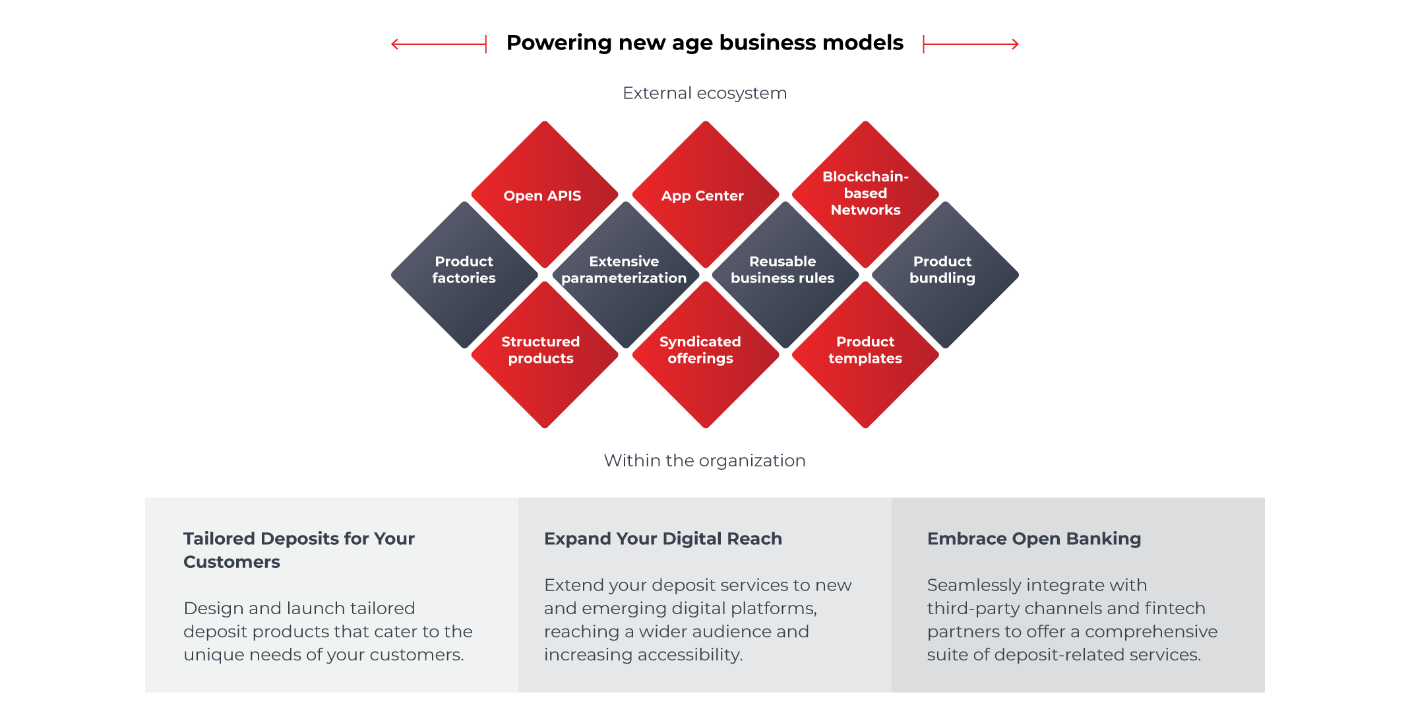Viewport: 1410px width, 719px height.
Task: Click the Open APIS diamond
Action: tap(544, 195)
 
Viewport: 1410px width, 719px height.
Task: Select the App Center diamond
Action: tap(705, 195)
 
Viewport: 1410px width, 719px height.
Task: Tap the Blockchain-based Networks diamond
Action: tap(865, 193)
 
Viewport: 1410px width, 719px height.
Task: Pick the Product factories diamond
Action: tap(464, 270)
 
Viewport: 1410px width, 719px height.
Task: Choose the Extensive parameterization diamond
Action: tap(625, 270)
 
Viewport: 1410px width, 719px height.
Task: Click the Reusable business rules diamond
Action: tap(783, 270)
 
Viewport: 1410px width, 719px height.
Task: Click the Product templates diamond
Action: tap(865, 351)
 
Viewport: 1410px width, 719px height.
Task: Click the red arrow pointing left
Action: tap(439, 44)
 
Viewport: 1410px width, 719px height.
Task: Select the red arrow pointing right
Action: tap(971, 44)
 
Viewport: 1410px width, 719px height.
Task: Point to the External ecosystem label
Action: tap(704, 93)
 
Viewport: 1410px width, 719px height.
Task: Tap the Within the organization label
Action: tap(704, 460)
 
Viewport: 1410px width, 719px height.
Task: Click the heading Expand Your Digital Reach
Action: tap(663, 539)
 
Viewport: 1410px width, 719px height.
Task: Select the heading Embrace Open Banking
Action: tap(1033, 539)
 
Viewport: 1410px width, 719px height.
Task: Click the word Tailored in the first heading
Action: tap(219, 539)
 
